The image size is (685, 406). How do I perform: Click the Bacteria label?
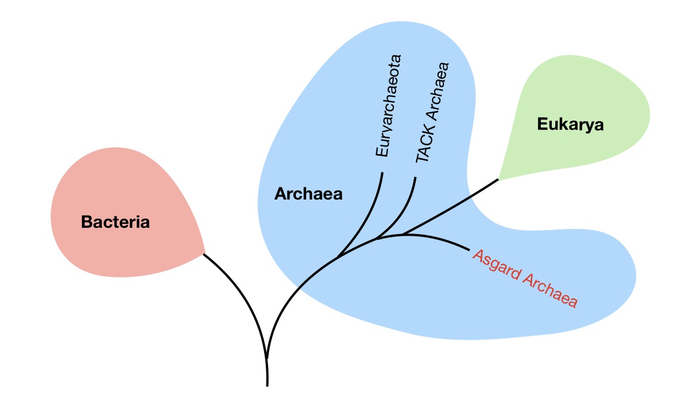[115, 222]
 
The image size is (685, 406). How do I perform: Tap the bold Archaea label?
[308, 194]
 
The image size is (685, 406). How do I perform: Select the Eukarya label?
[570, 125]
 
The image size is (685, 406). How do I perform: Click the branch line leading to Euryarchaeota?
[372, 208]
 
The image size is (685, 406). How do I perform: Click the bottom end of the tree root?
[268, 384]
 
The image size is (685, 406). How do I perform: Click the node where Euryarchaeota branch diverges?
[338, 255]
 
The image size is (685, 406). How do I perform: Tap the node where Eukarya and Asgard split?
[403, 234]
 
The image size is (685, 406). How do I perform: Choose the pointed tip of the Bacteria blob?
[204, 253]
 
